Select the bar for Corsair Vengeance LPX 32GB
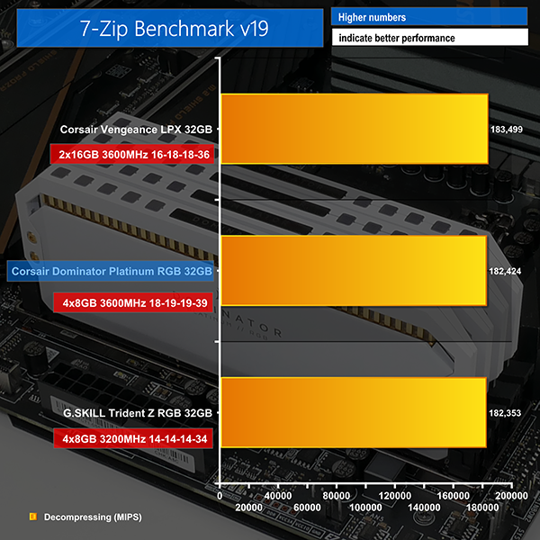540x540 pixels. tap(354, 129)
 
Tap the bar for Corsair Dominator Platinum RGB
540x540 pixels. tap(353, 271)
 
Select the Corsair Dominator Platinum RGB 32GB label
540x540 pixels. tap(111, 271)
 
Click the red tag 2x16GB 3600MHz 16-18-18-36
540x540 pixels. tap(134, 155)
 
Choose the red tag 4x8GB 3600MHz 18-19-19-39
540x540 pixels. tap(134, 302)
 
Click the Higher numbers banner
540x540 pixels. tap(428, 17)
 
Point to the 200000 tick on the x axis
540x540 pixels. tap(512, 496)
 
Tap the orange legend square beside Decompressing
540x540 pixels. tap(32, 517)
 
